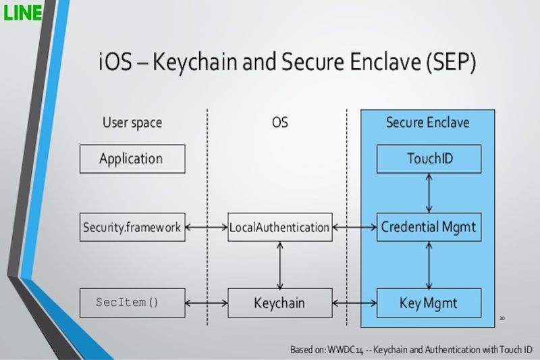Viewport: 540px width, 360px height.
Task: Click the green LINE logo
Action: click(22, 11)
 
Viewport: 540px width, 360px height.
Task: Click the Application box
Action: click(132, 159)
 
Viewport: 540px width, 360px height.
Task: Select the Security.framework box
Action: click(132, 228)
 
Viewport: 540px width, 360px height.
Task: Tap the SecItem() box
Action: click(132, 303)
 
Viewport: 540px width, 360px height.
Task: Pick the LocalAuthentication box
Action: click(279, 228)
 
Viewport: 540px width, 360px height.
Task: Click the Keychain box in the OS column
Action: click(279, 303)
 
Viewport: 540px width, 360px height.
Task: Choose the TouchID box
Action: click(429, 159)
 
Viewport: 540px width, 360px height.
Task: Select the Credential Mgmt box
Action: click(429, 228)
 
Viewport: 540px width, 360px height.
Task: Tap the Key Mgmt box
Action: click(429, 303)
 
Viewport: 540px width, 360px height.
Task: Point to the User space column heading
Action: click(132, 123)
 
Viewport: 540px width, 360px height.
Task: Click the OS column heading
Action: click(279, 123)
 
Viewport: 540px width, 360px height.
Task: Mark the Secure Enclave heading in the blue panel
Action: click(427, 123)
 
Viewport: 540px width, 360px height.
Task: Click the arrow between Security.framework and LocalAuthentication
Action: click(206, 228)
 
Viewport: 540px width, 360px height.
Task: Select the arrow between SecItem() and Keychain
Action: click(206, 303)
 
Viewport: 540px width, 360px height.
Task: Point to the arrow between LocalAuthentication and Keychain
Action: click(279, 265)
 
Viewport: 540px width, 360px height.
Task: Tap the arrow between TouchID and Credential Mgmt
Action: click(429, 192)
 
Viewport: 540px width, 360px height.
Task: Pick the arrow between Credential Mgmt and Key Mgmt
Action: click(429, 265)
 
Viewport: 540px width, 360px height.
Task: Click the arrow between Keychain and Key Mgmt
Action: click(354, 303)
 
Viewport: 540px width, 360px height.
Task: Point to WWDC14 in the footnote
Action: click(347, 350)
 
